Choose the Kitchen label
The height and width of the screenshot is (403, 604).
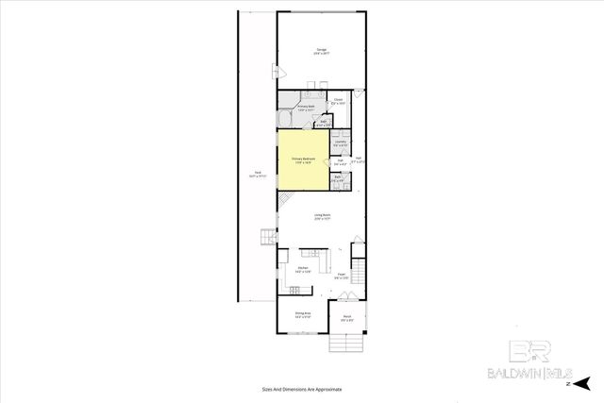[303, 269]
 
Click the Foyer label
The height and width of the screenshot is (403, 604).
[342, 276]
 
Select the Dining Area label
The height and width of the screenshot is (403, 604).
[302, 314]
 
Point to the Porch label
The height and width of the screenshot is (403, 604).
[347, 317]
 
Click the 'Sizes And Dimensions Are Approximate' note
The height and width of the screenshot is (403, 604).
[302, 389]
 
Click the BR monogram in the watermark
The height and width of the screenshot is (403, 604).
[529, 350]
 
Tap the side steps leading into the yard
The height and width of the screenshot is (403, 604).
[266, 237]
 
